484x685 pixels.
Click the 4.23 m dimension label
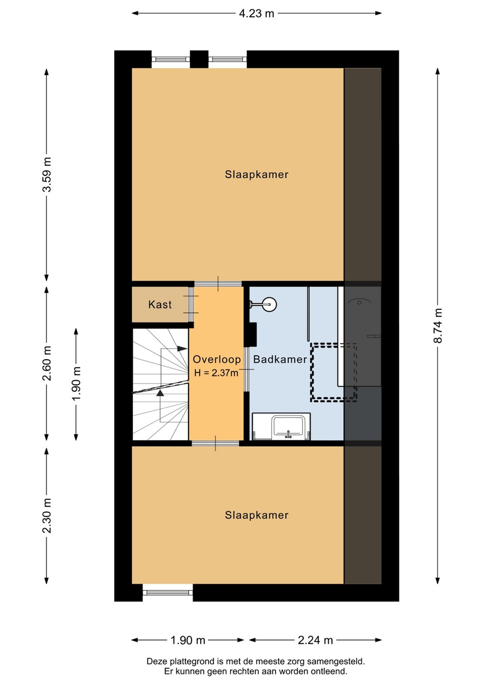pos(256,13)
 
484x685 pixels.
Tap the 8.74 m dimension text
pos(437,325)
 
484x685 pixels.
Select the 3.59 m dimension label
pos(47,174)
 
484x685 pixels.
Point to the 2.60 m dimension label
pos(47,363)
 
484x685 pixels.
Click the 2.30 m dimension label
pos(47,516)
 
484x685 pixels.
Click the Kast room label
pos(160,304)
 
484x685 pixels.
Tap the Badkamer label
pos(280,359)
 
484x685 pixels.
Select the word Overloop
pos(217,359)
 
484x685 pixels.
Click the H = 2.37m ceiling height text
pos(216,373)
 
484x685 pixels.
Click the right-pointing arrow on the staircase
pos(182,349)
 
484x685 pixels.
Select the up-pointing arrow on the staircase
pos(160,393)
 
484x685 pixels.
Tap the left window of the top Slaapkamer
pos(171,59)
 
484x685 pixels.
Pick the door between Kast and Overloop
pos(191,304)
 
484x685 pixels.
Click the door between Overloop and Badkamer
pos(246,370)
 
